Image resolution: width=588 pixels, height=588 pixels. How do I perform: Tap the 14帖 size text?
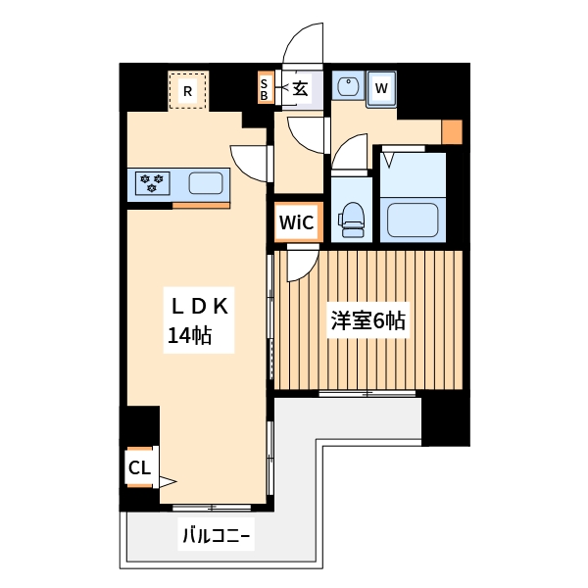(x=187, y=336)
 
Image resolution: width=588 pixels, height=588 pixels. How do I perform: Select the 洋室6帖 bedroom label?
(x=367, y=320)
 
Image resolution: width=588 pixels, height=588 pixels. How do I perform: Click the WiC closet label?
(x=296, y=222)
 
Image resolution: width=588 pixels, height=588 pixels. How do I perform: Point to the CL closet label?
(x=139, y=468)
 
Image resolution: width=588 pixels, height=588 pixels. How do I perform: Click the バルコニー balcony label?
(x=217, y=536)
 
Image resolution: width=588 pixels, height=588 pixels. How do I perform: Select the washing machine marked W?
(x=382, y=88)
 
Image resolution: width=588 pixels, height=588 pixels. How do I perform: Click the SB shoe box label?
(x=264, y=89)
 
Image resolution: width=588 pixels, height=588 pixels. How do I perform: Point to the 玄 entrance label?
(x=300, y=88)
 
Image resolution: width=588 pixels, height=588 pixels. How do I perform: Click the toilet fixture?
(x=351, y=218)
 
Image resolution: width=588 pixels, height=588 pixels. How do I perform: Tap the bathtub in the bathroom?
(x=412, y=217)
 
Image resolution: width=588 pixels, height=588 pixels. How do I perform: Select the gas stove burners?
(x=152, y=182)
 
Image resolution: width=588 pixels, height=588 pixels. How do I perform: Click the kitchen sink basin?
(x=205, y=182)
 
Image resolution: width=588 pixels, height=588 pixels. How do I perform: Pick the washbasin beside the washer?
(x=347, y=87)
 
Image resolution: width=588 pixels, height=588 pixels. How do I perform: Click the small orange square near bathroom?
(x=451, y=131)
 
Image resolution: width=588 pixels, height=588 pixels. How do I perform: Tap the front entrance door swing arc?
(x=300, y=44)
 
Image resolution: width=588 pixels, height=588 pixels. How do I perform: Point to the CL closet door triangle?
(x=167, y=481)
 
